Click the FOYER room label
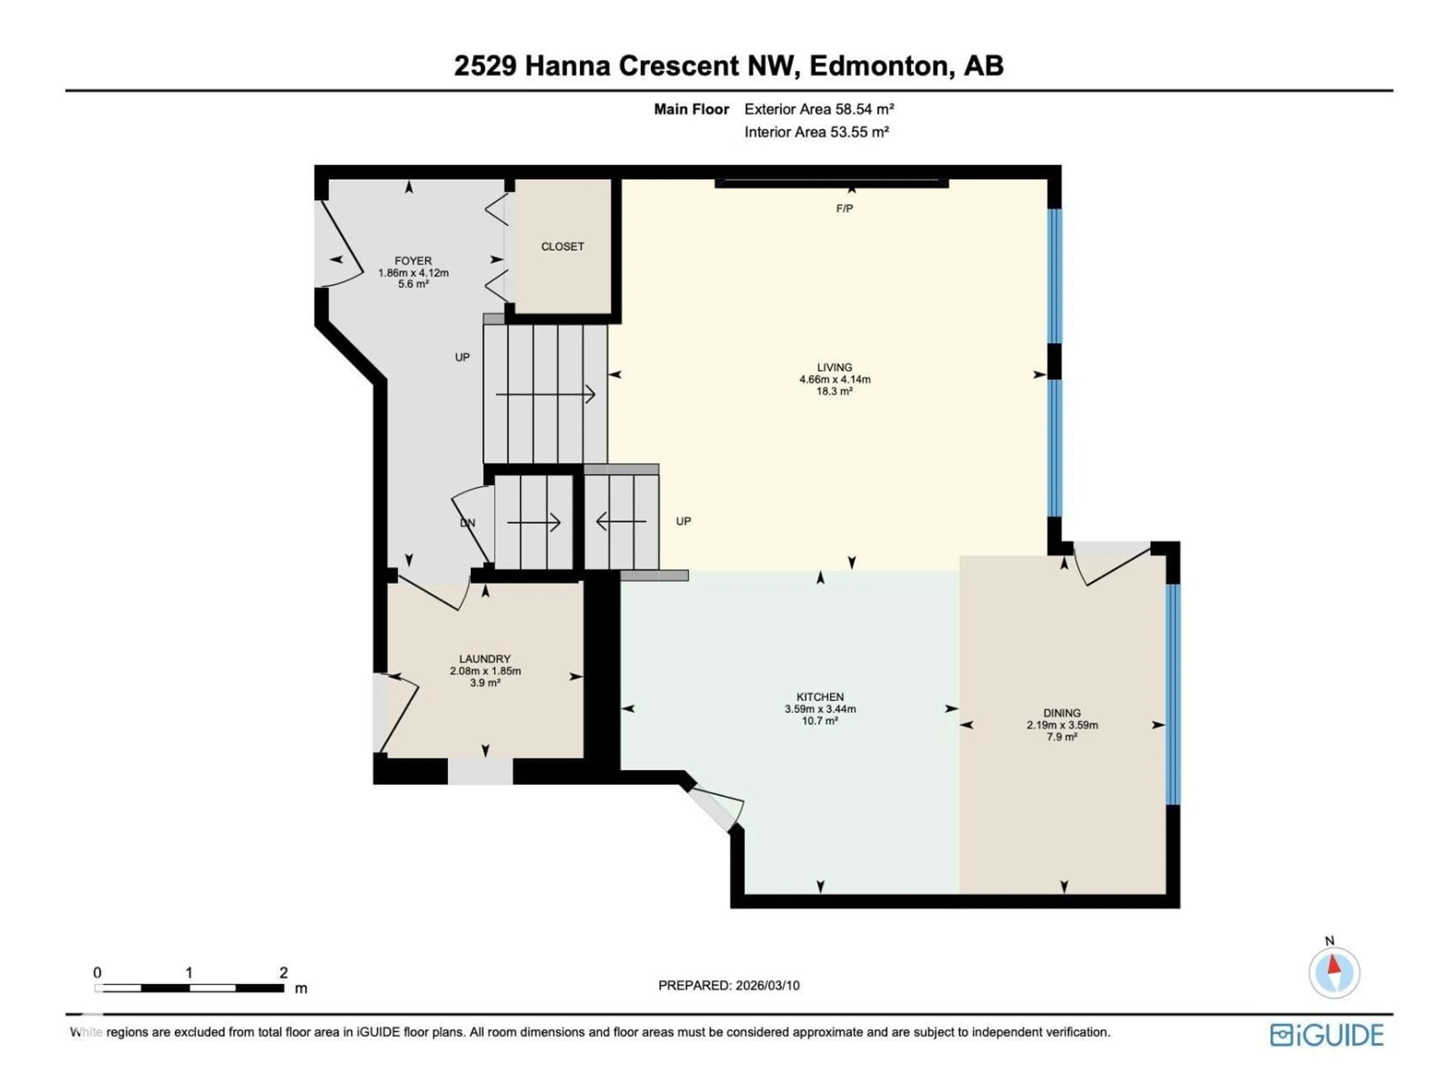click(x=413, y=260)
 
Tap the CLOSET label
click(x=562, y=247)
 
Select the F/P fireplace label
click(x=844, y=209)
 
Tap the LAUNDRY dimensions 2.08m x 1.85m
click(x=485, y=672)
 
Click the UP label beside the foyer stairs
click(x=462, y=358)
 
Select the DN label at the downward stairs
click(x=468, y=523)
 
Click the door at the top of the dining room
click(x=1112, y=563)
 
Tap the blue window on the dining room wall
click(x=1172, y=694)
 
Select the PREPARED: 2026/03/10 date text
click(x=729, y=985)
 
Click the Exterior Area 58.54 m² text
click(x=819, y=109)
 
